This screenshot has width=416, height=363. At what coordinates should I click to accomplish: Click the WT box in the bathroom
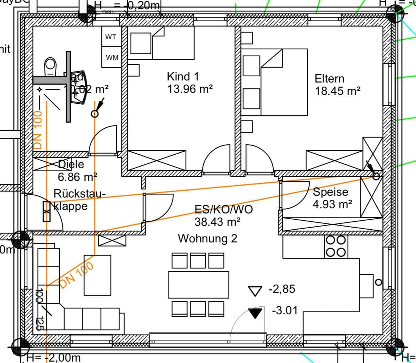tap(111, 37)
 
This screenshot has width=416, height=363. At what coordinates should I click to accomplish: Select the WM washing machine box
tap(112, 58)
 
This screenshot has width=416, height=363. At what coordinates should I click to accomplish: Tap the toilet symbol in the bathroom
tap(50, 66)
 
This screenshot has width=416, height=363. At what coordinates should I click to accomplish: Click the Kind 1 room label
tap(183, 76)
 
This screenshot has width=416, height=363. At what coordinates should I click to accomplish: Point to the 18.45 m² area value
tap(337, 91)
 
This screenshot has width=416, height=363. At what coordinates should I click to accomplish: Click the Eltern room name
tap(329, 79)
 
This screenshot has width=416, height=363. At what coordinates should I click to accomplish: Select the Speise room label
tap(330, 192)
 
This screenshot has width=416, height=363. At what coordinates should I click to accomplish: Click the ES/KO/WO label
tap(224, 210)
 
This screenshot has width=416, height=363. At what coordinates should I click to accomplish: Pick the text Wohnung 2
tap(207, 238)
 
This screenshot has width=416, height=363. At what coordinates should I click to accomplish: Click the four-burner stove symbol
tap(336, 246)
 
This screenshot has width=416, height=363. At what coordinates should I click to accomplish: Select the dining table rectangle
tap(199, 285)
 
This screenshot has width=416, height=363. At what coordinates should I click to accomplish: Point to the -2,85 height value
tap(282, 289)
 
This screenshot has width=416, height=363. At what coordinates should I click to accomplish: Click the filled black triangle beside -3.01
tap(255, 313)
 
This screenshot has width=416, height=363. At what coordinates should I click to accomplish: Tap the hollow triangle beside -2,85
tap(255, 291)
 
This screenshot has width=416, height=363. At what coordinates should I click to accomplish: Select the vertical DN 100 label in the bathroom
tap(38, 130)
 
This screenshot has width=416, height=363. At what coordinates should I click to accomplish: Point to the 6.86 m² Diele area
tap(77, 177)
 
